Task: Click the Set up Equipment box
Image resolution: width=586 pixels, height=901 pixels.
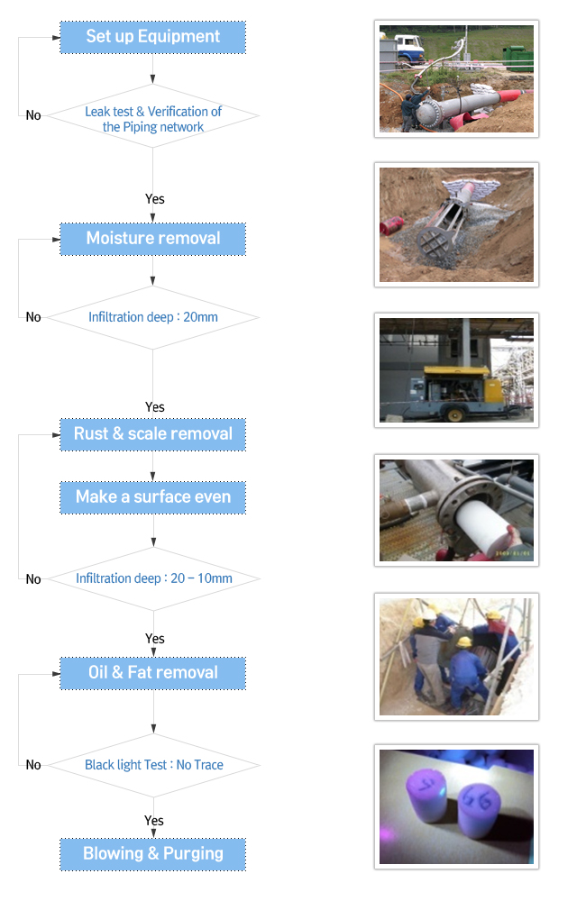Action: point(153,37)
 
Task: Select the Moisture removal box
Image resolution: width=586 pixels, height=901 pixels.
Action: point(153,239)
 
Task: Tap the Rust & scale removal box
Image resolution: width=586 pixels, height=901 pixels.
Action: point(153,434)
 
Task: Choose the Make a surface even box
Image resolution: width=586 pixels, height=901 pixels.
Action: point(153,497)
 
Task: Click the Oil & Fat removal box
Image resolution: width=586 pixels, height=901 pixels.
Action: point(153,673)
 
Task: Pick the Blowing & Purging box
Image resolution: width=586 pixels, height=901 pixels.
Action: point(153,854)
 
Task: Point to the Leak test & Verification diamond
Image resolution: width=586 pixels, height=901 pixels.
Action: point(153,116)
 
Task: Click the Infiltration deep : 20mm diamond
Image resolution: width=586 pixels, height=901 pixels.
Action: point(153,318)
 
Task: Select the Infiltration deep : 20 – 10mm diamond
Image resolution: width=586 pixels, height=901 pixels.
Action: point(153,578)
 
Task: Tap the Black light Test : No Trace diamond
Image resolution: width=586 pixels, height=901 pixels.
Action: point(153,765)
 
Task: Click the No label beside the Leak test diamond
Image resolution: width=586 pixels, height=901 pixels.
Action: point(33,115)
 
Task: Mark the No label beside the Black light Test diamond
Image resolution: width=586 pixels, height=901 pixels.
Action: point(33,765)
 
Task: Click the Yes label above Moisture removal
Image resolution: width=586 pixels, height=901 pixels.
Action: point(155,199)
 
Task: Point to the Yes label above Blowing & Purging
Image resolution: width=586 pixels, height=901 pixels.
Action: point(154,821)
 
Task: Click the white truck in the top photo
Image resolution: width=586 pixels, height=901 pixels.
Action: point(409,49)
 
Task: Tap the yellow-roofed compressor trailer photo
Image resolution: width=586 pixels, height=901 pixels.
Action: point(456,370)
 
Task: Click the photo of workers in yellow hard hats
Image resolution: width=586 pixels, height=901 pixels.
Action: point(456,657)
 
